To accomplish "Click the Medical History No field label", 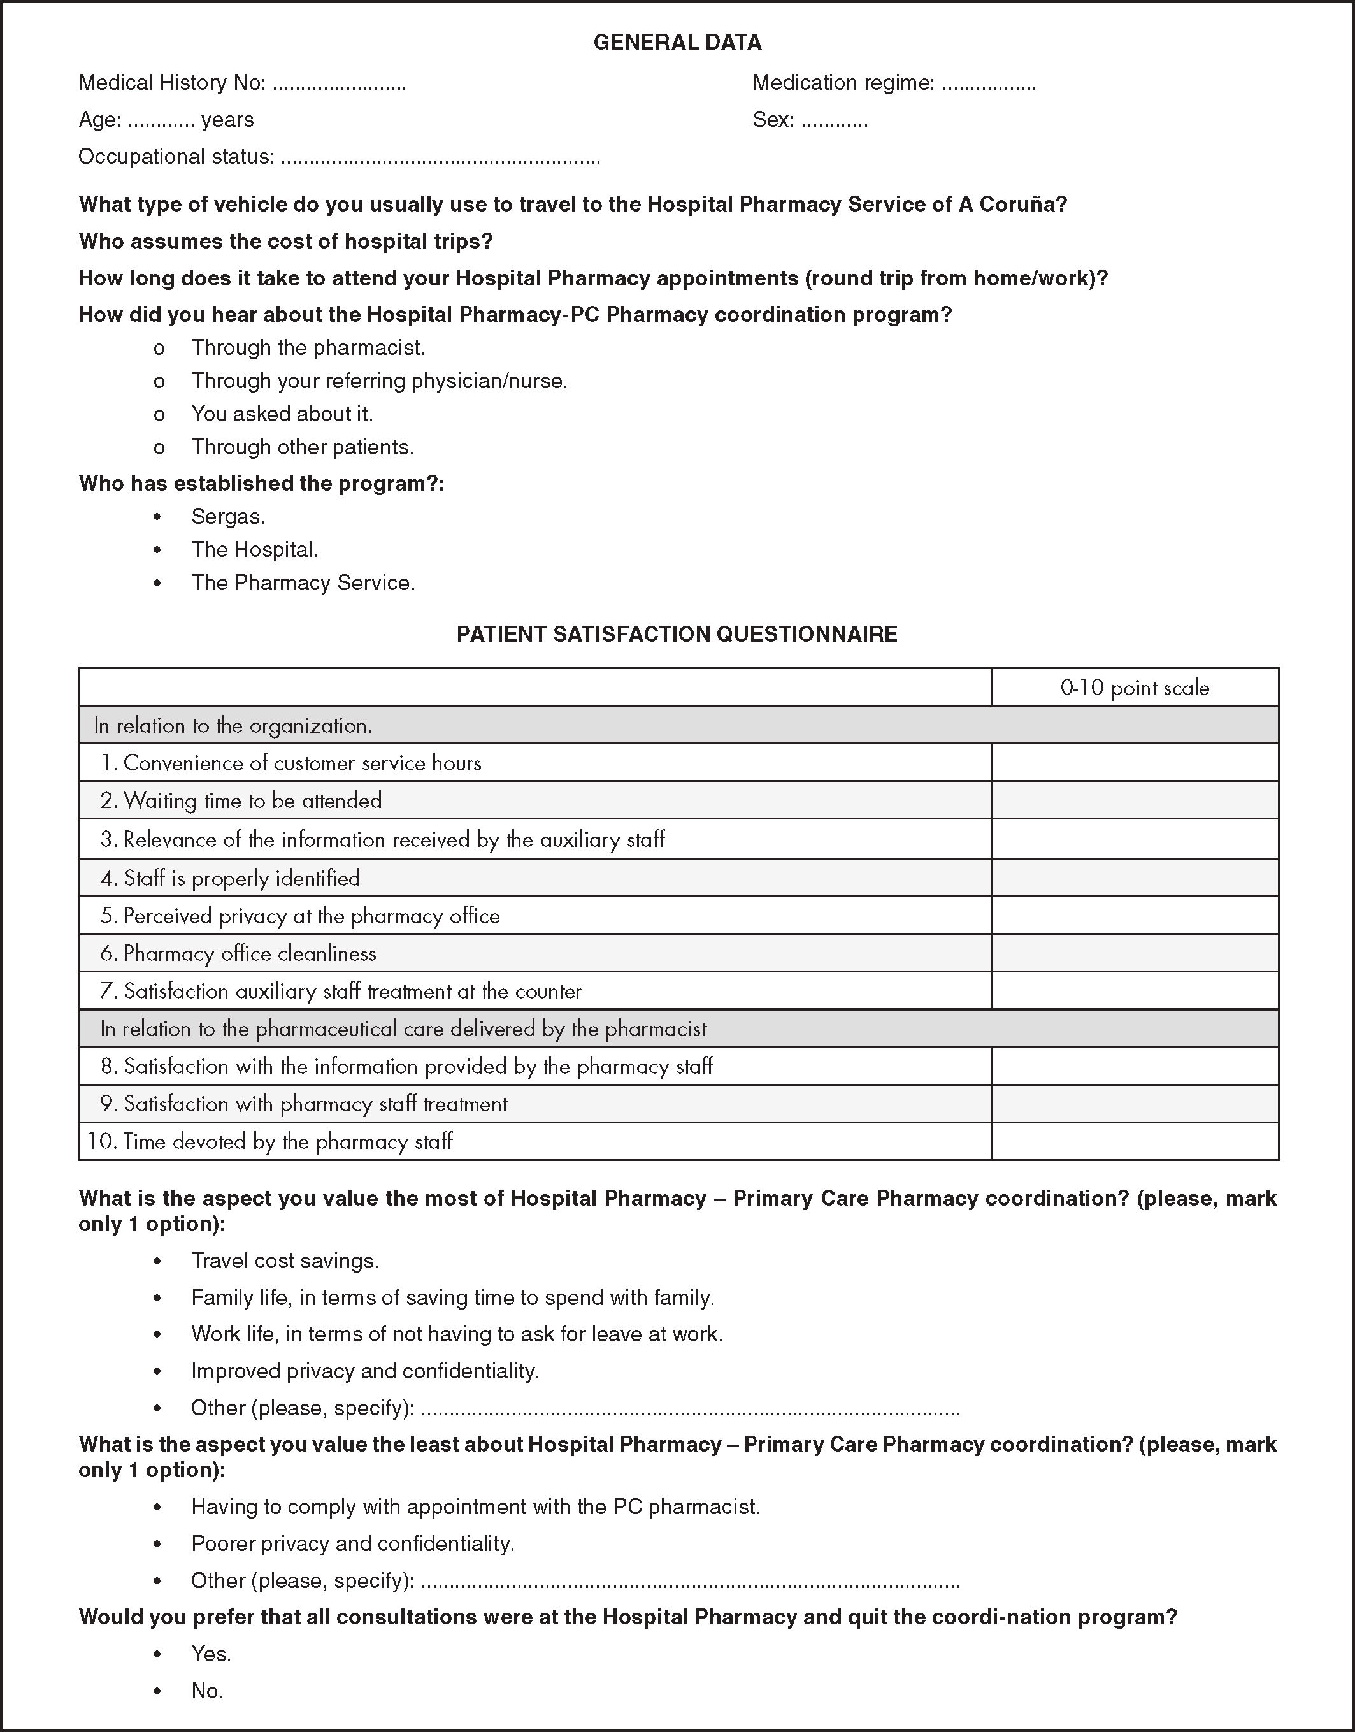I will pos(171,82).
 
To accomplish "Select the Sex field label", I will pos(773,120).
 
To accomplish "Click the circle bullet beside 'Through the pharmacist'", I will pos(159,349).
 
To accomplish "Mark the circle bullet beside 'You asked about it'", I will pos(159,414).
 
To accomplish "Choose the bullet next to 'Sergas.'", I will pos(158,517).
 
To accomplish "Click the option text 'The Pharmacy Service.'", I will pos(303,583).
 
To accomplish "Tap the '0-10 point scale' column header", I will pos(1135,688).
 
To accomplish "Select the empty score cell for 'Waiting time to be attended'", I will pos(1135,800).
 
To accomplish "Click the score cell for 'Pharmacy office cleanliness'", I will pos(1135,953).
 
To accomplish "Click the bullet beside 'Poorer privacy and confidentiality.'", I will pos(158,1544).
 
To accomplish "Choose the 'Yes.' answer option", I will pos(211,1654).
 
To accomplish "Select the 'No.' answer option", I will pos(207,1691).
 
